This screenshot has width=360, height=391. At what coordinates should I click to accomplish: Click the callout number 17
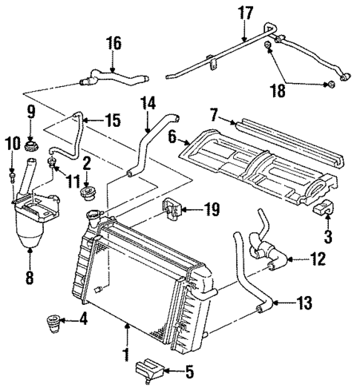point(244,13)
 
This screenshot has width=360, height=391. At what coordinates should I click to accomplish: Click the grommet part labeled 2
point(86,194)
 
